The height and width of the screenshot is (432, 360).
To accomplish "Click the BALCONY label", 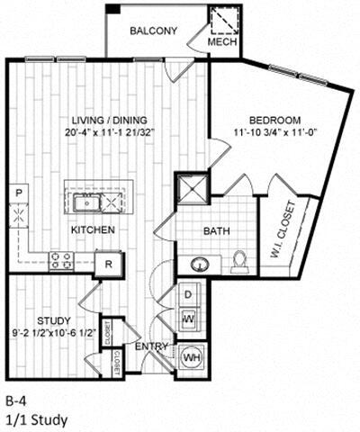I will click(153, 31).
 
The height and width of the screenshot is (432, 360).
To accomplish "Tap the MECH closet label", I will click(221, 42).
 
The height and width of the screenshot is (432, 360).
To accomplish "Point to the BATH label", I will click(216, 231).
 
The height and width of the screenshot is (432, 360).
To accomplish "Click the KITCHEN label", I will click(93, 230).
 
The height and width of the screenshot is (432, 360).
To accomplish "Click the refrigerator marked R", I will click(108, 264).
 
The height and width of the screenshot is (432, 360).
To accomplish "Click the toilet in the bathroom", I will click(240, 262).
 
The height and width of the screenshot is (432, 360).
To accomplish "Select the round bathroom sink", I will click(199, 263).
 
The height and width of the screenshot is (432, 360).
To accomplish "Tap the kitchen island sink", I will click(91, 198).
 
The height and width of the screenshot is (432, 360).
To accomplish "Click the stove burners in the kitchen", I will click(62, 261).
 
